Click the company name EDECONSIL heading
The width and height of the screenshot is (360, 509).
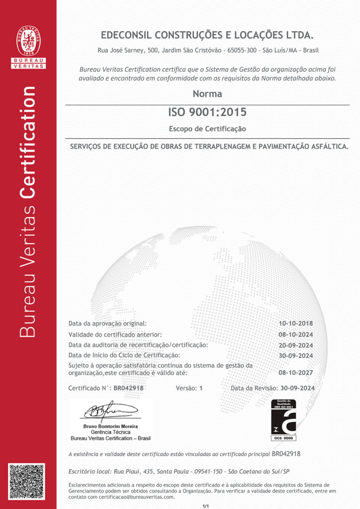point(207,35)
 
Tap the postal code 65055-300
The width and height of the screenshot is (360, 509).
point(242,50)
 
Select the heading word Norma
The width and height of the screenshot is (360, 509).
point(207,94)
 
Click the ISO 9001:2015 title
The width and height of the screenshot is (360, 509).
point(207,112)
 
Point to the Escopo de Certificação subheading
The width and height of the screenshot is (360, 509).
point(207,129)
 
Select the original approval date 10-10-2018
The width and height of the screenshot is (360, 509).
point(296,324)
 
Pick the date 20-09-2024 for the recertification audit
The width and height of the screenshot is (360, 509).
point(296,345)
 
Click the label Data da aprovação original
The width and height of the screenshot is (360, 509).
point(107,324)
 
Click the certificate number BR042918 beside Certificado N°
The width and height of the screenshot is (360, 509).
point(129,388)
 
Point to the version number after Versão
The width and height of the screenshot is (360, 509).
point(201,388)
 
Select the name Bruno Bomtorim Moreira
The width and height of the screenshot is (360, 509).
point(110,426)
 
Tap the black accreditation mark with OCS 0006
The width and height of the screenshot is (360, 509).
point(283,420)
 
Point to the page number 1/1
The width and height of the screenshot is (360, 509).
point(206,506)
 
